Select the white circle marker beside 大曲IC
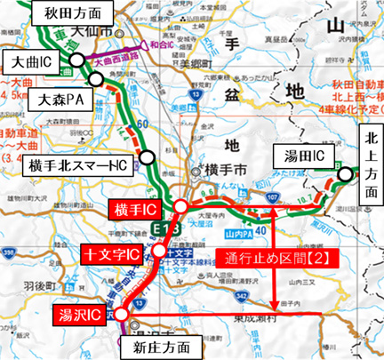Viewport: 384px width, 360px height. [x=77, y=60]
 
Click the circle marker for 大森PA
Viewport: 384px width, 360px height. [x=112, y=88]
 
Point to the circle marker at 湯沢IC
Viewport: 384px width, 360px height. [x=122, y=312]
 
